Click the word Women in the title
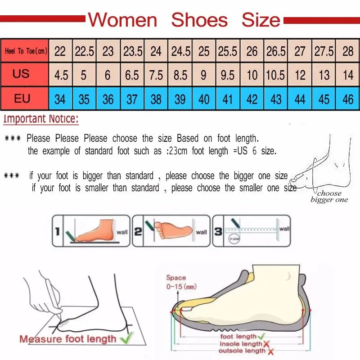(x=122, y=20)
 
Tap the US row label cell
(x=21, y=74)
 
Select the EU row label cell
(x=22, y=98)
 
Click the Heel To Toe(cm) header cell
(x=25, y=51)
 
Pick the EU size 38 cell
(x=156, y=99)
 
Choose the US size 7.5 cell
(x=156, y=75)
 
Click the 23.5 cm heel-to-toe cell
(x=133, y=51)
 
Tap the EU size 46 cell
(x=348, y=99)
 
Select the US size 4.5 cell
(x=61, y=75)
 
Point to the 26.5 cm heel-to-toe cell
(x=275, y=51)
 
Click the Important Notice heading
(x=41, y=119)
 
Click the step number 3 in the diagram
(x=218, y=231)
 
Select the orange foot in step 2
(x=173, y=229)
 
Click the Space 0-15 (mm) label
(x=180, y=282)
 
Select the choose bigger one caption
(x=329, y=197)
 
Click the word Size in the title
(x=261, y=20)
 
